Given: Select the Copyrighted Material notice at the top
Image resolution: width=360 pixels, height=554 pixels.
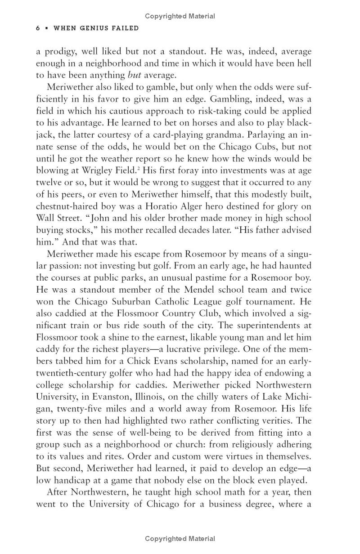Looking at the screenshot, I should coord(180,16).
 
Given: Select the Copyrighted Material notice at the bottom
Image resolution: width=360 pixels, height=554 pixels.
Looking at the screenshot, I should coord(180,538).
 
